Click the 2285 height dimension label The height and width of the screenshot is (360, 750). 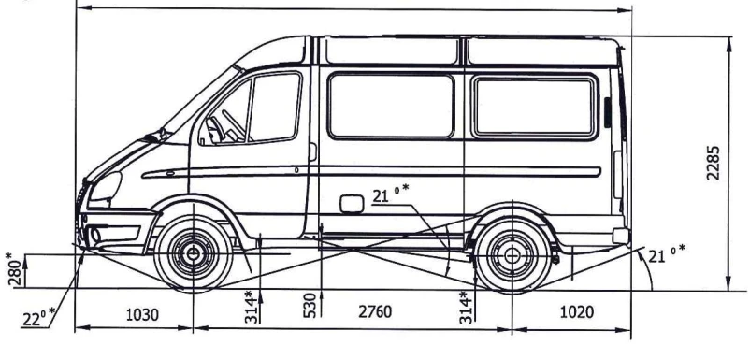pyautogui.click(x=714, y=163)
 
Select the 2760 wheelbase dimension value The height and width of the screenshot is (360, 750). pyautogui.click(x=374, y=312)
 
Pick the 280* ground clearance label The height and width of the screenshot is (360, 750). pyautogui.click(x=10, y=268)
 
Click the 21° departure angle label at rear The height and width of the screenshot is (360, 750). pyautogui.click(x=667, y=252)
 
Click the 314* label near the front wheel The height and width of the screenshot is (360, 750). pyautogui.click(x=250, y=305)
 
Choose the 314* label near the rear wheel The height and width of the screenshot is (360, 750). pyautogui.click(x=465, y=305)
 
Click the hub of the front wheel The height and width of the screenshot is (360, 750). pyautogui.click(x=193, y=253)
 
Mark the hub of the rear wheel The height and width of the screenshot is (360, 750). pyautogui.click(x=512, y=253)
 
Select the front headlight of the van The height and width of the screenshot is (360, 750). pyautogui.click(x=105, y=186)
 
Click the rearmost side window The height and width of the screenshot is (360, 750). pyautogui.click(x=535, y=106)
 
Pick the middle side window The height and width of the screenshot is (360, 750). pyautogui.click(x=391, y=106)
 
